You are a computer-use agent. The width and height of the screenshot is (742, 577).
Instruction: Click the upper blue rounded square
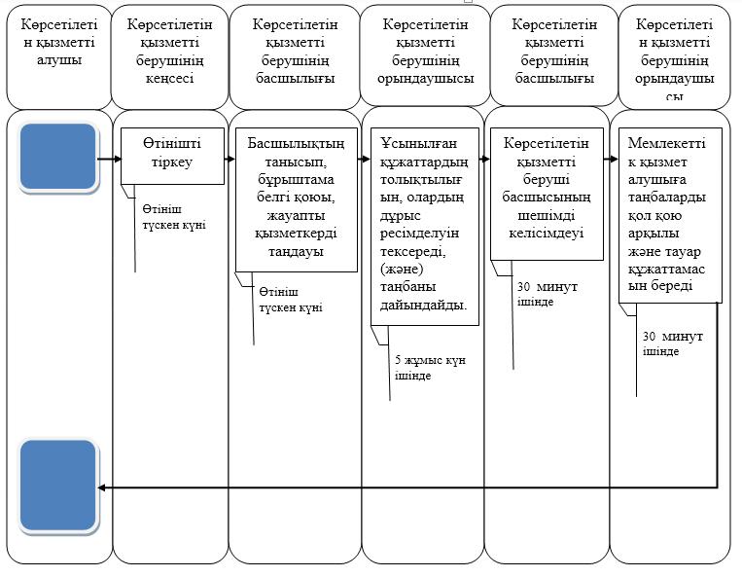coord(57,158)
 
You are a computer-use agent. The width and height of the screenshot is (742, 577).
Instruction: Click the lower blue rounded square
coord(57,486)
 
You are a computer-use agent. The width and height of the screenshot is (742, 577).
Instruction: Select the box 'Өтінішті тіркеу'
coord(172,156)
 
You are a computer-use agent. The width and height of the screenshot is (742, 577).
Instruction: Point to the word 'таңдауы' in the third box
coord(296,251)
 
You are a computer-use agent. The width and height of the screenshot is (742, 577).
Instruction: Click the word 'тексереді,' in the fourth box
coord(413,251)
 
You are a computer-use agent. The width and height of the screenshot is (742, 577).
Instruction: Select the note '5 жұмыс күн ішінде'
coord(430,368)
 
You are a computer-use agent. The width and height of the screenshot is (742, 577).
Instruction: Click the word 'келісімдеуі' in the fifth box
coord(547,233)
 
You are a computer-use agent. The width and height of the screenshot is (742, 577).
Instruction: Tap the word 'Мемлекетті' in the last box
coord(666,143)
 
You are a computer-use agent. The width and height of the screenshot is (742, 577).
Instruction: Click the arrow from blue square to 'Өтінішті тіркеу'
coord(109,159)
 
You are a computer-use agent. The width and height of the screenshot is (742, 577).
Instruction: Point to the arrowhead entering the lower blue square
coord(101,487)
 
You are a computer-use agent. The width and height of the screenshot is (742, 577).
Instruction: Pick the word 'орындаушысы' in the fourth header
coord(425,78)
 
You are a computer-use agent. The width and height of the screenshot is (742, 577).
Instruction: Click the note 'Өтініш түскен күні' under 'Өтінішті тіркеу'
coord(174,217)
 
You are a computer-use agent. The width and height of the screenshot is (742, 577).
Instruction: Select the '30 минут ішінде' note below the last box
coord(672,343)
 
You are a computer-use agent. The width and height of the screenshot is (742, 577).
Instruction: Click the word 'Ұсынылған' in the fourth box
coord(411,143)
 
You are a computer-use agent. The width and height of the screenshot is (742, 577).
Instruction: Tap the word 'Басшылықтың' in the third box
coord(296,143)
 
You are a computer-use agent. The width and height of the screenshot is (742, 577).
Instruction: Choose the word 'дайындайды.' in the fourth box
coord(424,305)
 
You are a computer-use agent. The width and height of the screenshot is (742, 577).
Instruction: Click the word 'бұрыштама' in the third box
coord(296,179)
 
